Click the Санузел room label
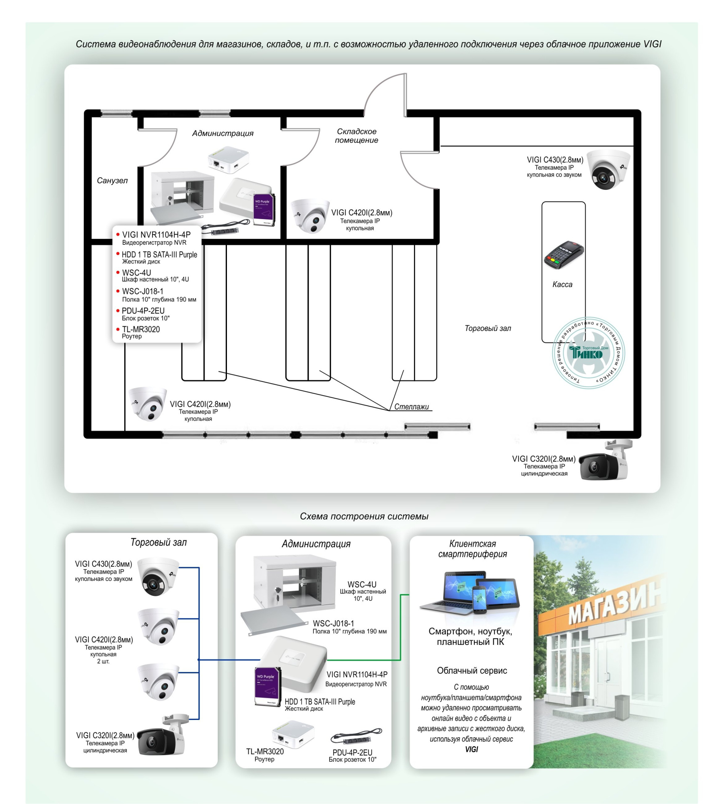[112, 181]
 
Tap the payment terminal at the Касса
[563, 255]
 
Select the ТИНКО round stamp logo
[588, 353]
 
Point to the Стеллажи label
[411, 407]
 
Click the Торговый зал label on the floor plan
[488, 328]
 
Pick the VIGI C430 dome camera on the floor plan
[607, 169]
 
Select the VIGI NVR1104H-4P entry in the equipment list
[156, 235]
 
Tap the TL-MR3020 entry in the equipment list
[141, 330]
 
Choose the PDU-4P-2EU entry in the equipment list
[143, 311]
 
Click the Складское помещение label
[356, 136]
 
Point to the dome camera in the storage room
[310, 215]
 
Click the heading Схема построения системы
[364, 517]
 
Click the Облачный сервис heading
[472, 671]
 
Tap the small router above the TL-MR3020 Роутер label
[292, 734]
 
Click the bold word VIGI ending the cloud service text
[472, 749]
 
